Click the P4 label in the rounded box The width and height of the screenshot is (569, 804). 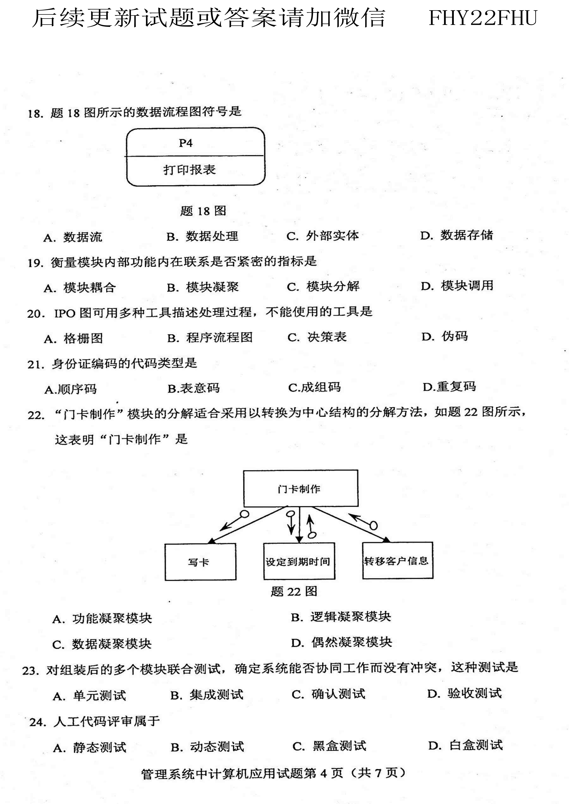[185, 143]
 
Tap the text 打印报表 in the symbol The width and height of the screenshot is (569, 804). [190, 170]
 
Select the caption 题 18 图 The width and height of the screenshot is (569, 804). [203, 211]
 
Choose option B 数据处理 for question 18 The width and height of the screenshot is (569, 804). [203, 237]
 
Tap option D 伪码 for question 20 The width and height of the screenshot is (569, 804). [445, 337]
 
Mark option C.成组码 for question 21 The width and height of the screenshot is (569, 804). [315, 388]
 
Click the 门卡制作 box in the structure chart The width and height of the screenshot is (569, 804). [301, 488]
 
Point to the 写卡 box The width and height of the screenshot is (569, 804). [200, 562]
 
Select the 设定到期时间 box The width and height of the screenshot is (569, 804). [299, 561]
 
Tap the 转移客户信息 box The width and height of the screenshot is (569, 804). [397, 561]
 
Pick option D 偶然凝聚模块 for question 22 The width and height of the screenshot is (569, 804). [342, 642]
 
